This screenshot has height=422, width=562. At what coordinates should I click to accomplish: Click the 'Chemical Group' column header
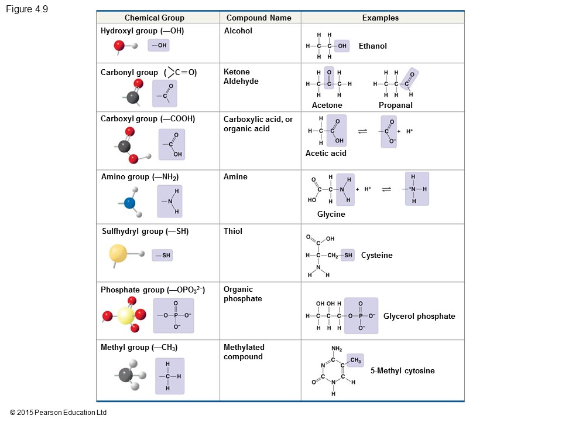click(x=154, y=18)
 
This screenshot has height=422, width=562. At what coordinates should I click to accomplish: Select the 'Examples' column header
click(x=380, y=18)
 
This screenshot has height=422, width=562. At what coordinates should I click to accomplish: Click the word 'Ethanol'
click(x=372, y=46)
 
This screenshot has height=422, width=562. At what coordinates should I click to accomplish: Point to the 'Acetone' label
click(x=327, y=105)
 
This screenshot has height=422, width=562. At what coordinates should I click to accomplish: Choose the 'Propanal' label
click(x=395, y=105)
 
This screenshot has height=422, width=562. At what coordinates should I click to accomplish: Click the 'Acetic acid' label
click(x=325, y=153)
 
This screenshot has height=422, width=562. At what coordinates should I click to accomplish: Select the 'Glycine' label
click(x=331, y=214)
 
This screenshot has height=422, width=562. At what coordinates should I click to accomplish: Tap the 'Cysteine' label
click(x=376, y=255)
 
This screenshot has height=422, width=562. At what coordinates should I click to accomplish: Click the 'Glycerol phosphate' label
click(x=419, y=316)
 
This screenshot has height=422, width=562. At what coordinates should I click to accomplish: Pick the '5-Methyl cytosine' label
click(x=402, y=370)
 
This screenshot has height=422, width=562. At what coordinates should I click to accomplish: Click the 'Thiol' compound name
click(x=232, y=231)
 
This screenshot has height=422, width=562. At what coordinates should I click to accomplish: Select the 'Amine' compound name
click(x=235, y=176)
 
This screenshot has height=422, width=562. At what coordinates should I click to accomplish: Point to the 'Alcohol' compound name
click(x=238, y=30)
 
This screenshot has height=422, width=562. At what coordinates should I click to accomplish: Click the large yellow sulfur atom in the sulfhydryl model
click(x=118, y=253)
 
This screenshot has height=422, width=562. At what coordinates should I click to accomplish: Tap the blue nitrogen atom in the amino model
click(x=130, y=203)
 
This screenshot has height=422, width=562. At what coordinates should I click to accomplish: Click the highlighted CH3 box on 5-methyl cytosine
click(x=355, y=359)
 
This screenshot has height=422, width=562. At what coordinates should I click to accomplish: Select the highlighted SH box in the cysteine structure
click(x=348, y=255)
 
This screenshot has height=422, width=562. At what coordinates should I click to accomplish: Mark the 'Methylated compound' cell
click(x=244, y=352)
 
